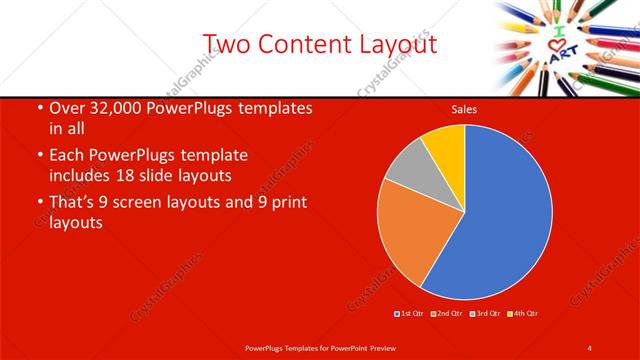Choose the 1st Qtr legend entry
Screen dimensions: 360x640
tap(409, 314)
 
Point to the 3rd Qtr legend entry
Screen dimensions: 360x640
tap(485, 314)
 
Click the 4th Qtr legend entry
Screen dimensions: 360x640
tap(524, 314)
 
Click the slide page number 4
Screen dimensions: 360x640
tap(590, 347)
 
